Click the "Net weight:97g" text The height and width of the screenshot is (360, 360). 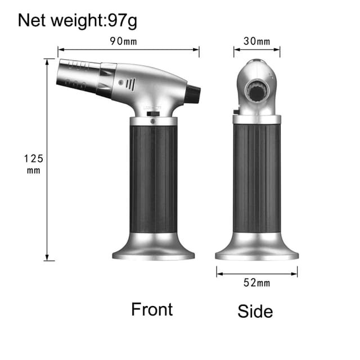(x=78, y=21)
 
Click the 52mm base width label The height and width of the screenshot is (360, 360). (x=257, y=283)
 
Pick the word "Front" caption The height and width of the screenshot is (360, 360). (x=152, y=309)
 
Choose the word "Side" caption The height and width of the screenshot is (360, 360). (x=255, y=311)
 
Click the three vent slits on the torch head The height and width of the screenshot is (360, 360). (x=130, y=84)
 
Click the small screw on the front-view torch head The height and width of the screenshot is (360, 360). (x=120, y=82)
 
